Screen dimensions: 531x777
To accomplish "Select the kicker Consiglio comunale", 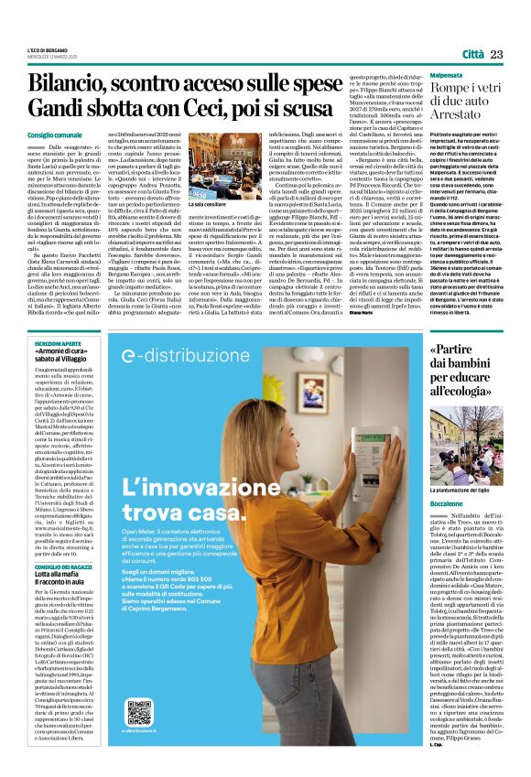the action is click(x=56, y=135).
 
